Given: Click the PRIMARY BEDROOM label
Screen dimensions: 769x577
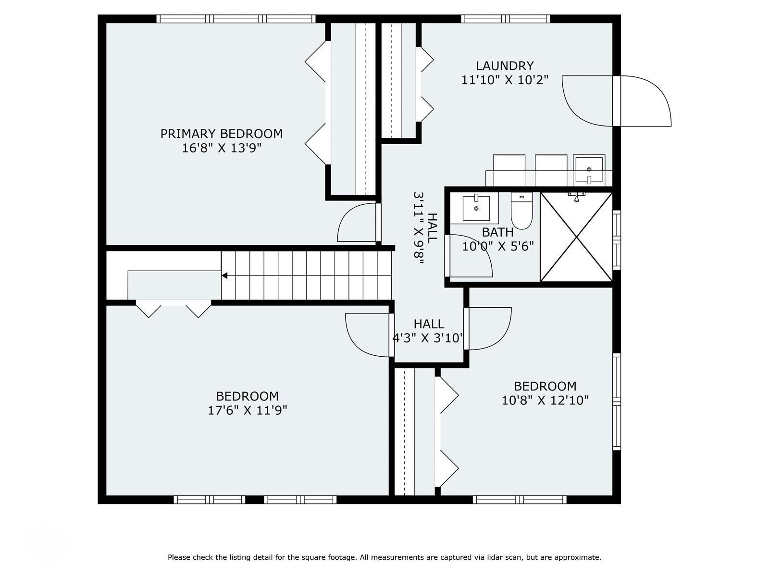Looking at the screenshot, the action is coord(222,134).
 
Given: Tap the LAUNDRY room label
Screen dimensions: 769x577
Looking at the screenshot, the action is coord(505,66).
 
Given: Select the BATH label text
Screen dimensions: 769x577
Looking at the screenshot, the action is coord(497,232).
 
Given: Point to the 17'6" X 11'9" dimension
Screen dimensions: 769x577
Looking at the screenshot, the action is coord(248,410).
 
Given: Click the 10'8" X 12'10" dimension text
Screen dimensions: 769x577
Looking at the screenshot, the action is coord(545,400).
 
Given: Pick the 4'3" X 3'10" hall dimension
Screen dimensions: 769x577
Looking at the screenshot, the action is coord(428,338).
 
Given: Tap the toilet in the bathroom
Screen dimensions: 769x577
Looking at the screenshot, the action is coord(521,211).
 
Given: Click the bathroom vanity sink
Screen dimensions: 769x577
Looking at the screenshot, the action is coord(476,208).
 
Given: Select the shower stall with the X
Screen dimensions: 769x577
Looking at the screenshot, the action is coord(576,237).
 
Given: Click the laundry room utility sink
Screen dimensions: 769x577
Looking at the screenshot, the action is coord(589,170).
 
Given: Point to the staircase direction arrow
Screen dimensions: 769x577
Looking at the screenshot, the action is coord(224,276).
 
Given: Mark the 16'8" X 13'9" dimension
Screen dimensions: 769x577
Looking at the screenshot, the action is coord(222,148).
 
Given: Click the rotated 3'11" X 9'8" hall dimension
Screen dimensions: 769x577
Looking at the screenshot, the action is coord(418,228).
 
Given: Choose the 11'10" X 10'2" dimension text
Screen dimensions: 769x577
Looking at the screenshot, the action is coord(505,80).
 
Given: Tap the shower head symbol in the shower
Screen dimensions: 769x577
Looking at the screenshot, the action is coord(576,196).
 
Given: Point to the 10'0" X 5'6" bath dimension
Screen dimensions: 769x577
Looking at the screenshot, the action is coord(497,247).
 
